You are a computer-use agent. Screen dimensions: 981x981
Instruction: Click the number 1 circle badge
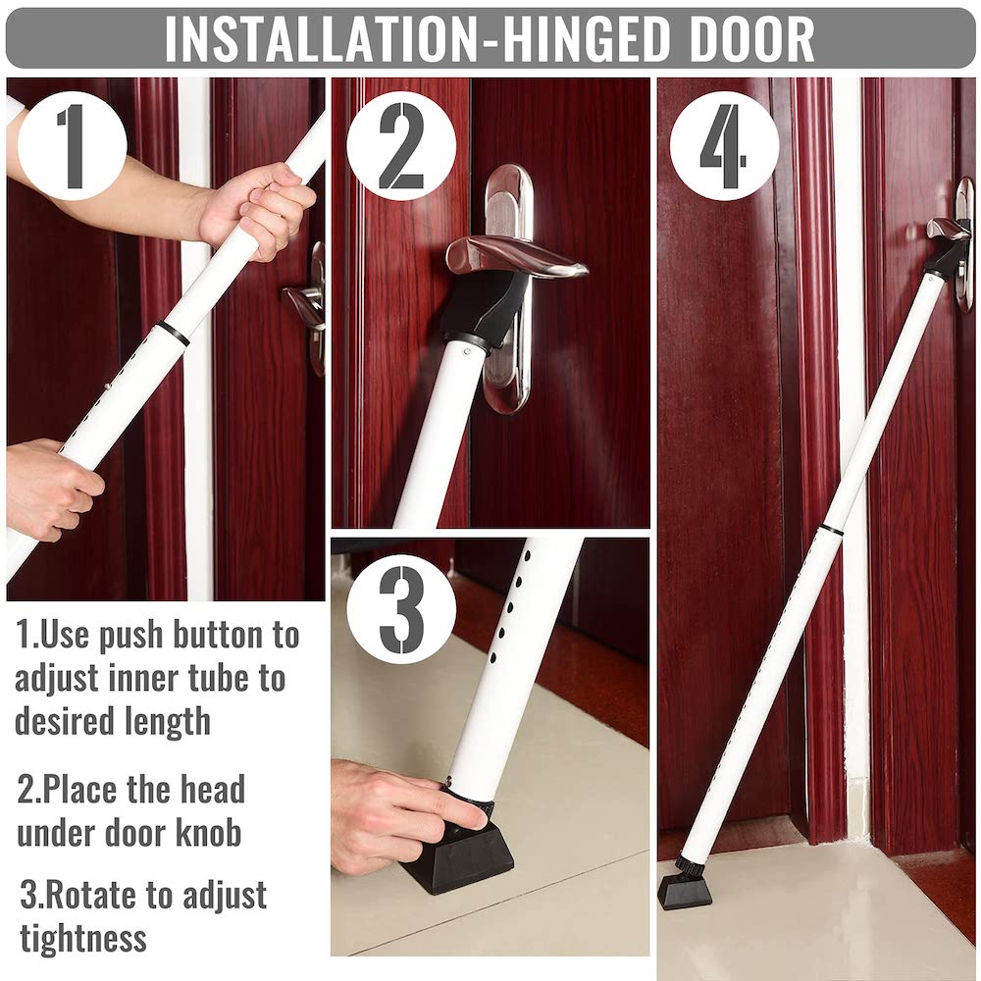click(73, 146)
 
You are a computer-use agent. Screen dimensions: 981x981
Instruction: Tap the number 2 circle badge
click(401, 146)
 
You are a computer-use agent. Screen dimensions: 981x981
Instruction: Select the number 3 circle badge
click(401, 609)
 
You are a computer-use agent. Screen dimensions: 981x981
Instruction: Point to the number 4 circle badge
click(724, 146)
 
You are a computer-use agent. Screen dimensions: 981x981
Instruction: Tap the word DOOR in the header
click(751, 39)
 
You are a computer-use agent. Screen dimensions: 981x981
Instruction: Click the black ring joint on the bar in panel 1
click(174, 333)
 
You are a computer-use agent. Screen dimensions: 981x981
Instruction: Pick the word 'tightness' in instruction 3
click(83, 938)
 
